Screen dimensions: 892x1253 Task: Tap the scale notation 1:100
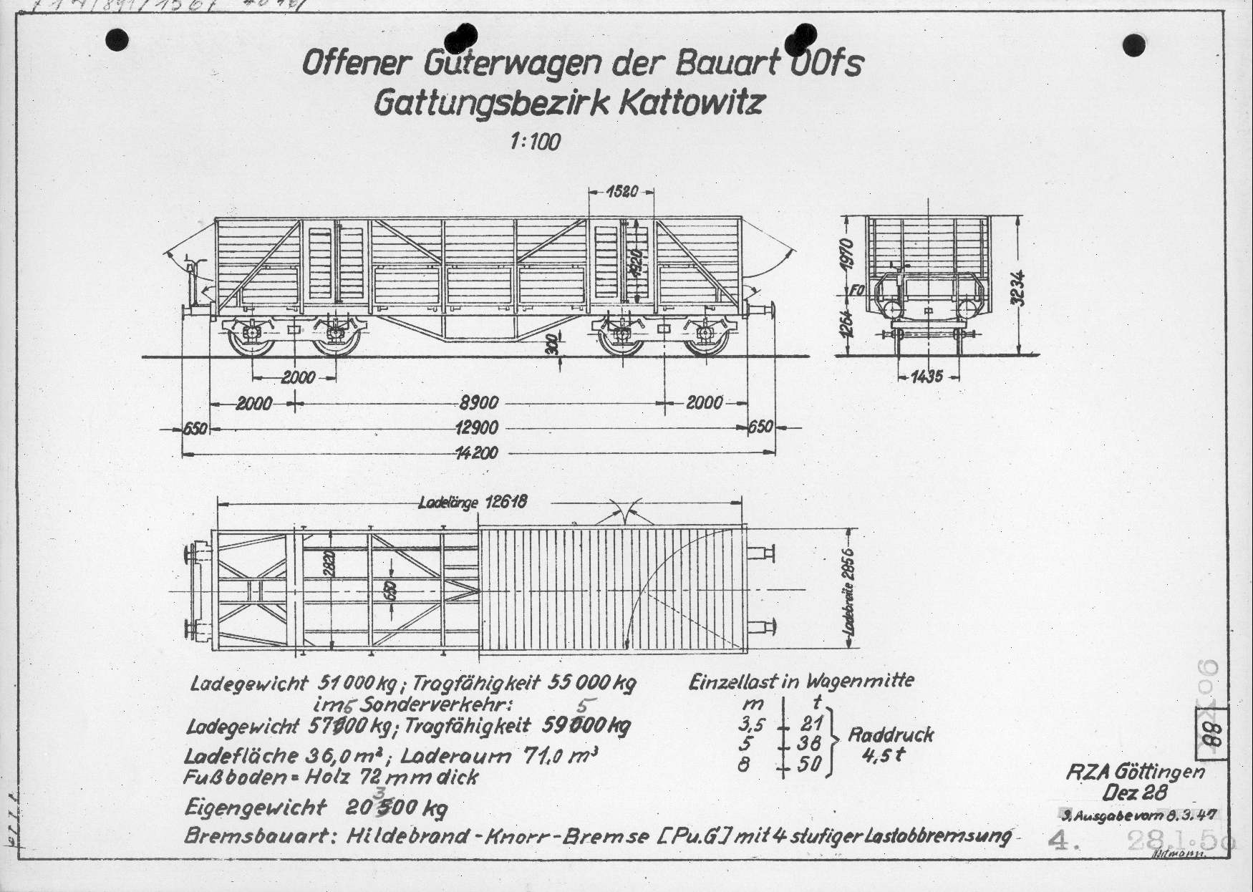click(x=535, y=142)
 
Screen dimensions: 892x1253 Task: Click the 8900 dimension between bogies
click(x=479, y=403)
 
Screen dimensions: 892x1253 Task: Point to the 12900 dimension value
click(x=477, y=428)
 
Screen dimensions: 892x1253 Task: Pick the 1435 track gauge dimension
click(x=927, y=377)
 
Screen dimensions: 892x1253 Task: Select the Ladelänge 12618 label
click(x=473, y=502)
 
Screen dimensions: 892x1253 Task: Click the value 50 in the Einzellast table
click(x=810, y=765)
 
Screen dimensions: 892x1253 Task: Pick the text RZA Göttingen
click(x=1135, y=772)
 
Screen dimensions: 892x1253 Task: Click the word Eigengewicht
click(x=256, y=808)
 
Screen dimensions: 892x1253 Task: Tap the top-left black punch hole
click(x=117, y=41)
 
